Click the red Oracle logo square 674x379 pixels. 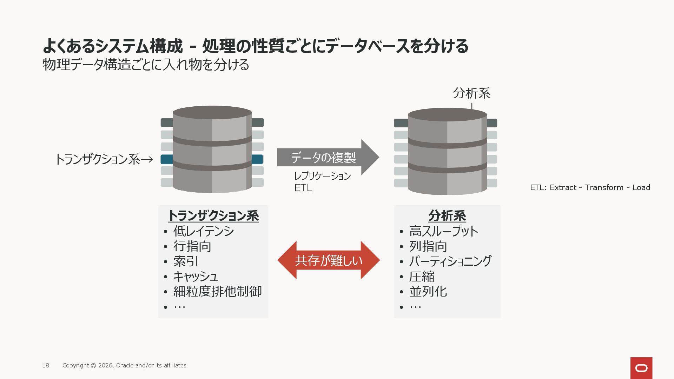coord(641,368)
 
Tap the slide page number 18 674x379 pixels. coord(46,365)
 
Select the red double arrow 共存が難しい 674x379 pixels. coord(329,260)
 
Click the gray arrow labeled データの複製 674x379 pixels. coord(326,158)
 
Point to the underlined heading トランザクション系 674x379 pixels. coord(213,215)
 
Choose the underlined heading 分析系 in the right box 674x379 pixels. coord(447,215)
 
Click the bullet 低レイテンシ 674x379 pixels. coord(204,231)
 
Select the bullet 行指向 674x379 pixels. coord(192,246)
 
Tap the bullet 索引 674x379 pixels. coord(186,261)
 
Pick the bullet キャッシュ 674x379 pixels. coord(196,277)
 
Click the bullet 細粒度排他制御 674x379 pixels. coord(217,292)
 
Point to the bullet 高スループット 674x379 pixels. coord(444,231)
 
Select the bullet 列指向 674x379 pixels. coord(428,246)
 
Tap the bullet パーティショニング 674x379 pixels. coord(450,261)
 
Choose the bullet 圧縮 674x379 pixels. coord(422,277)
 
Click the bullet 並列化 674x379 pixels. coord(428,292)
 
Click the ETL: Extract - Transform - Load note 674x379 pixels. coord(590,188)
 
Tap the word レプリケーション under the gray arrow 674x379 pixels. coord(322,176)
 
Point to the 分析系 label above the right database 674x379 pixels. coord(471,93)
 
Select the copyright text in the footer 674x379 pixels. coord(124,365)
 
